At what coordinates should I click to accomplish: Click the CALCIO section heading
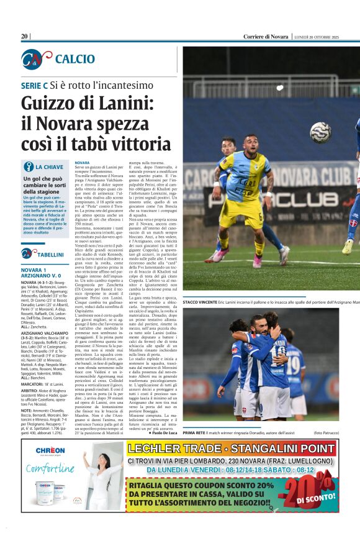point(74,59)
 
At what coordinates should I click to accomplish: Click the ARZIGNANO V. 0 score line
point(42,276)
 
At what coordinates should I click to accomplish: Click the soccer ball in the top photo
point(320,132)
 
